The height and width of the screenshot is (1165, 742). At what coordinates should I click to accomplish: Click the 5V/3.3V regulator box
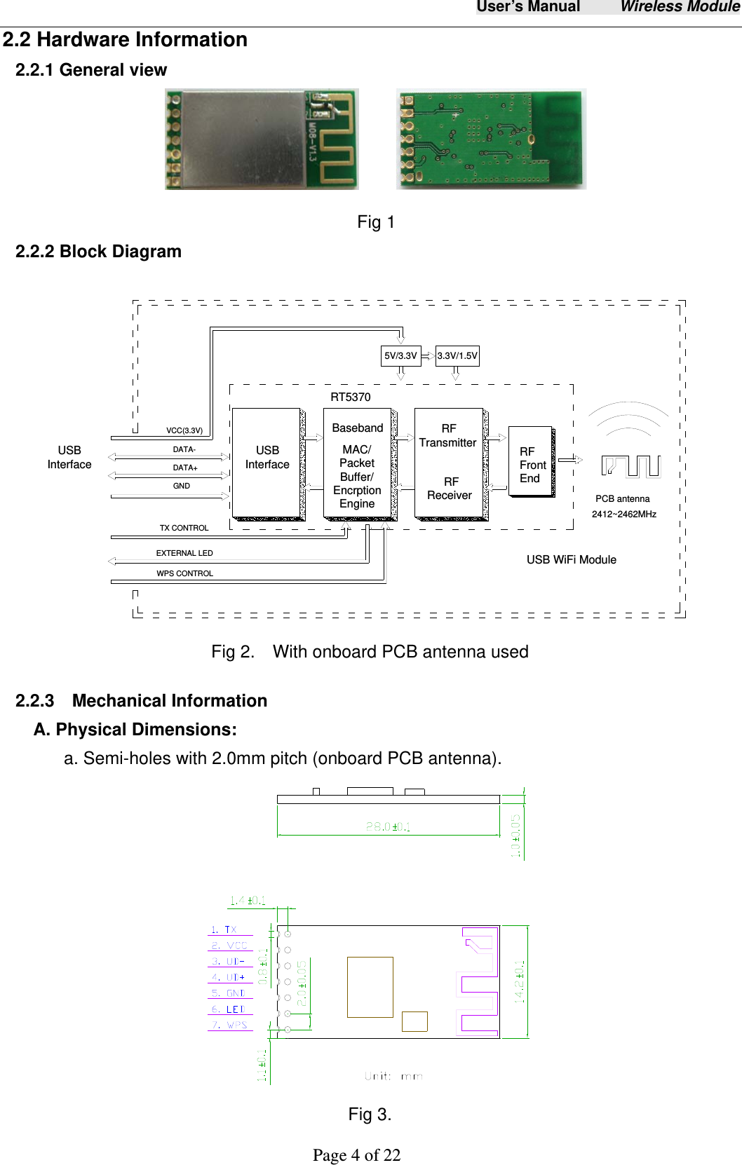click(x=400, y=355)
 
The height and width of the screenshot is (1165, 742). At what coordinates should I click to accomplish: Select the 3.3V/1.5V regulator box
click(x=457, y=355)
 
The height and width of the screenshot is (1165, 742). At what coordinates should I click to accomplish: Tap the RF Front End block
click(x=531, y=465)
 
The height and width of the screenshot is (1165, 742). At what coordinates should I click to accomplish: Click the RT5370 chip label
click(x=351, y=397)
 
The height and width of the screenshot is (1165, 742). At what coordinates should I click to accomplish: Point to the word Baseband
click(x=358, y=428)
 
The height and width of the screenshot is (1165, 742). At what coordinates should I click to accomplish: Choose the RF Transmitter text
click(x=448, y=435)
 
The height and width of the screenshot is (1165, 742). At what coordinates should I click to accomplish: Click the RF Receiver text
click(x=450, y=489)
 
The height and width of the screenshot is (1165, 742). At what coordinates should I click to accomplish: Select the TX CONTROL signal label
click(x=184, y=528)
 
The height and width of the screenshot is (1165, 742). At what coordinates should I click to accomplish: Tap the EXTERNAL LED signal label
click(x=184, y=553)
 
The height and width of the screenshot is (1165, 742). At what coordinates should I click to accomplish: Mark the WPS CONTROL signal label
click(x=184, y=573)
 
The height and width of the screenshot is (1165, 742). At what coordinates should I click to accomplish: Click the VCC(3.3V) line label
click(x=184, y=430)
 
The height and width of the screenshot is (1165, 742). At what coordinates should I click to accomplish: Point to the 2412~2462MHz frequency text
click(x=624, y=514)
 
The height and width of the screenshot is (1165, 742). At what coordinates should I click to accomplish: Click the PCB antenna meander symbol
click(x=631, y=465)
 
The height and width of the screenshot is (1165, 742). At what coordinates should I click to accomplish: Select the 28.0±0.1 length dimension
click(x=388, y=826)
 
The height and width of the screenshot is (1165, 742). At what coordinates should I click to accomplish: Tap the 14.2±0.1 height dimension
click(x=520, y=981)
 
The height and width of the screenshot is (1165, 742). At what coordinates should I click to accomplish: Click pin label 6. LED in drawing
click(x=229, y=1009)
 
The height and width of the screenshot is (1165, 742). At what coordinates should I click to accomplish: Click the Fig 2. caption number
click(x=232, y=652)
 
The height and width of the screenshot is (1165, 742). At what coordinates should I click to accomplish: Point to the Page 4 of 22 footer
click(x=356, y=1154)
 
